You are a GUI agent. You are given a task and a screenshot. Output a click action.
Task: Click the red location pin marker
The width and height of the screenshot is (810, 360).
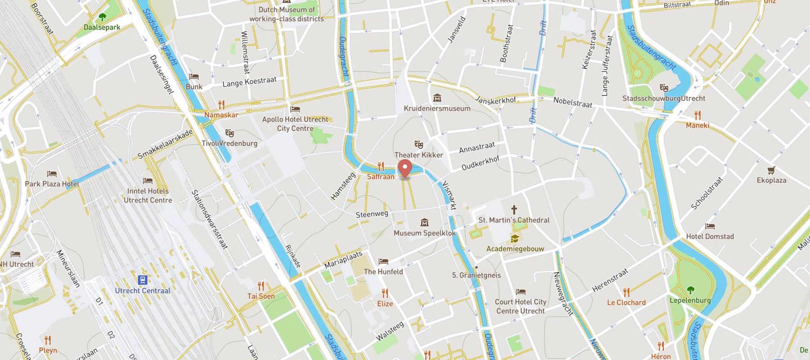click(405, 168)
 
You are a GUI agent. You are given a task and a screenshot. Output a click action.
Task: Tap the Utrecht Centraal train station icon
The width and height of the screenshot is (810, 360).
click(143, 280)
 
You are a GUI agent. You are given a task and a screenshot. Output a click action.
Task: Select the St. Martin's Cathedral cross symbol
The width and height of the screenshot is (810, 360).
click(513, 210)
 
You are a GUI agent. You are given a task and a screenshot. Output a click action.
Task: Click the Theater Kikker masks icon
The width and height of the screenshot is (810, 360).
click(418, 144)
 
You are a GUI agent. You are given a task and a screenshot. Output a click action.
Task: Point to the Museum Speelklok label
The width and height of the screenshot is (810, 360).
click(424, 233)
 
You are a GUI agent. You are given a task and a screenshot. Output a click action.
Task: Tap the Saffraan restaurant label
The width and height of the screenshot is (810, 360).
click(381, 177)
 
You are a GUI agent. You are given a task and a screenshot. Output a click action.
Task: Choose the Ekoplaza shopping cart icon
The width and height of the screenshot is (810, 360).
click(771, 170)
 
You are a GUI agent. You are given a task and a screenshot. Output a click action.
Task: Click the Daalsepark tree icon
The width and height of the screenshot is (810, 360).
click(102, 18)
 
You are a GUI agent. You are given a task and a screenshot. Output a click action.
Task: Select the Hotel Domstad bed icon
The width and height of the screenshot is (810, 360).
click(710, 226)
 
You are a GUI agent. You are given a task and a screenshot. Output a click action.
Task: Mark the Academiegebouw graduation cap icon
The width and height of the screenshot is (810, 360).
click(514, 238)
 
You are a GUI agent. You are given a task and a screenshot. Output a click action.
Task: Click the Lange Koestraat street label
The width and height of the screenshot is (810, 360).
click(249, 82)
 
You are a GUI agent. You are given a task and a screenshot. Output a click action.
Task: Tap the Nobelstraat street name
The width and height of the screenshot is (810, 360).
click(572, 102)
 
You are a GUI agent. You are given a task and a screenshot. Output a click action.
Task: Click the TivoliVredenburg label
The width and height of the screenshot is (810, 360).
click(229, 144)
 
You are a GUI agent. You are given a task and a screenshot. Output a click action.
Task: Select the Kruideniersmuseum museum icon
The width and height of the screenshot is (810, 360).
click(437, 98)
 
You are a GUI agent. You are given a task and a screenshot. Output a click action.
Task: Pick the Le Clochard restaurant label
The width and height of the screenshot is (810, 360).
click(626, 302)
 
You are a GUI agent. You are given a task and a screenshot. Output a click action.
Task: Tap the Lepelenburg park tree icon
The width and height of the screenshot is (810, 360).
click(690, 290)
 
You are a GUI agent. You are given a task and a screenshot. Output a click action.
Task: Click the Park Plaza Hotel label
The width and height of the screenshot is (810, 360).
click(52, 184)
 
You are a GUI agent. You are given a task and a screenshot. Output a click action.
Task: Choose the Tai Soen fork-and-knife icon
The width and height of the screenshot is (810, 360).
click(261, 286)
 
